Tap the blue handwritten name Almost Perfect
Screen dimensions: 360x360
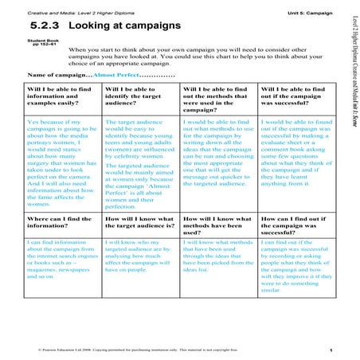coord(116,72)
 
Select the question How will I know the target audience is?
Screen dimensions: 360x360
coord(138,221)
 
